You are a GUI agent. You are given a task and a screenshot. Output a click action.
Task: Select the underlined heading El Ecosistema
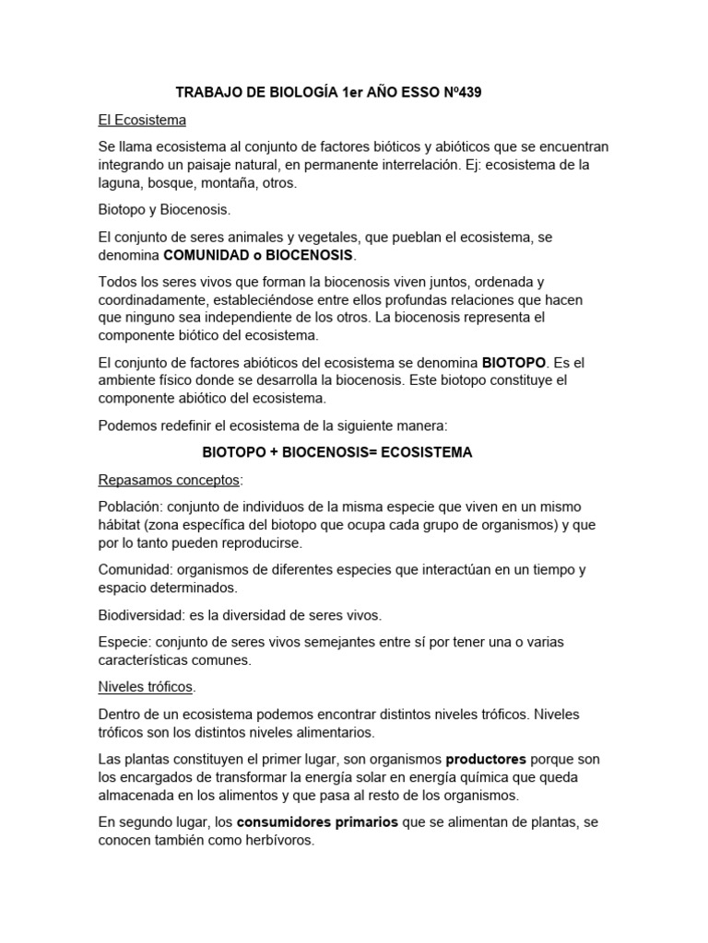(142, 120)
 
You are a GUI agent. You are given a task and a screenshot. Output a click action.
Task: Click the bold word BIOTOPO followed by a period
(514, 363)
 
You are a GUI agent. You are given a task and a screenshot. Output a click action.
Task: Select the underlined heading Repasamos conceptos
(168, 481)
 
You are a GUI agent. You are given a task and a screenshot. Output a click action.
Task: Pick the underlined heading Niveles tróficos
(146, 687)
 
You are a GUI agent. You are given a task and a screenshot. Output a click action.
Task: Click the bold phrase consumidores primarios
(317, 822)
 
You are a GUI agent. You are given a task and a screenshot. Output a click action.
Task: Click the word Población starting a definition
(128, 507)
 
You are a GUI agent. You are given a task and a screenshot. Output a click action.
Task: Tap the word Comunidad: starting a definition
(135, 570)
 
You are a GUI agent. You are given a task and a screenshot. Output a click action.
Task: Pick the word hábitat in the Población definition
(121, 525)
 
